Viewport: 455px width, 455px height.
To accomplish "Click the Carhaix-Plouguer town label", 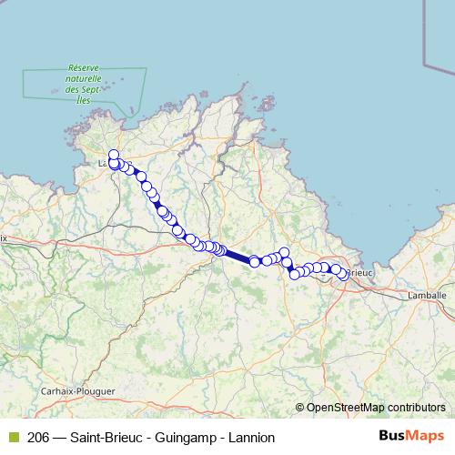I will click(78, 390).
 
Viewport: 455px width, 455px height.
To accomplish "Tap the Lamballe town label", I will click(429, 296).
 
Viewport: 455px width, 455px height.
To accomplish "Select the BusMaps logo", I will click(412, 437).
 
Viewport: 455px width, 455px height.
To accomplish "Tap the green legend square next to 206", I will click(13, 438).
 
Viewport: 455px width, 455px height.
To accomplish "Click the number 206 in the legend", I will click(39, 438).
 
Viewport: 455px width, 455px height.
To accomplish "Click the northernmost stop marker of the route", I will click(114, 155).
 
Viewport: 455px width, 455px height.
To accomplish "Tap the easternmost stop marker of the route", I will click(343, 275).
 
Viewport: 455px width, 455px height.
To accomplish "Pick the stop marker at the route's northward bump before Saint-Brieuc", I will click(284, 252).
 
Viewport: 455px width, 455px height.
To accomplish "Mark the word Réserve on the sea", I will click(84, 68).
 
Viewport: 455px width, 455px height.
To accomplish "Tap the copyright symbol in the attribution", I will click(299, 408).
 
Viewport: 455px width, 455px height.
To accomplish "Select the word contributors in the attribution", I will click(415, 408).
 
